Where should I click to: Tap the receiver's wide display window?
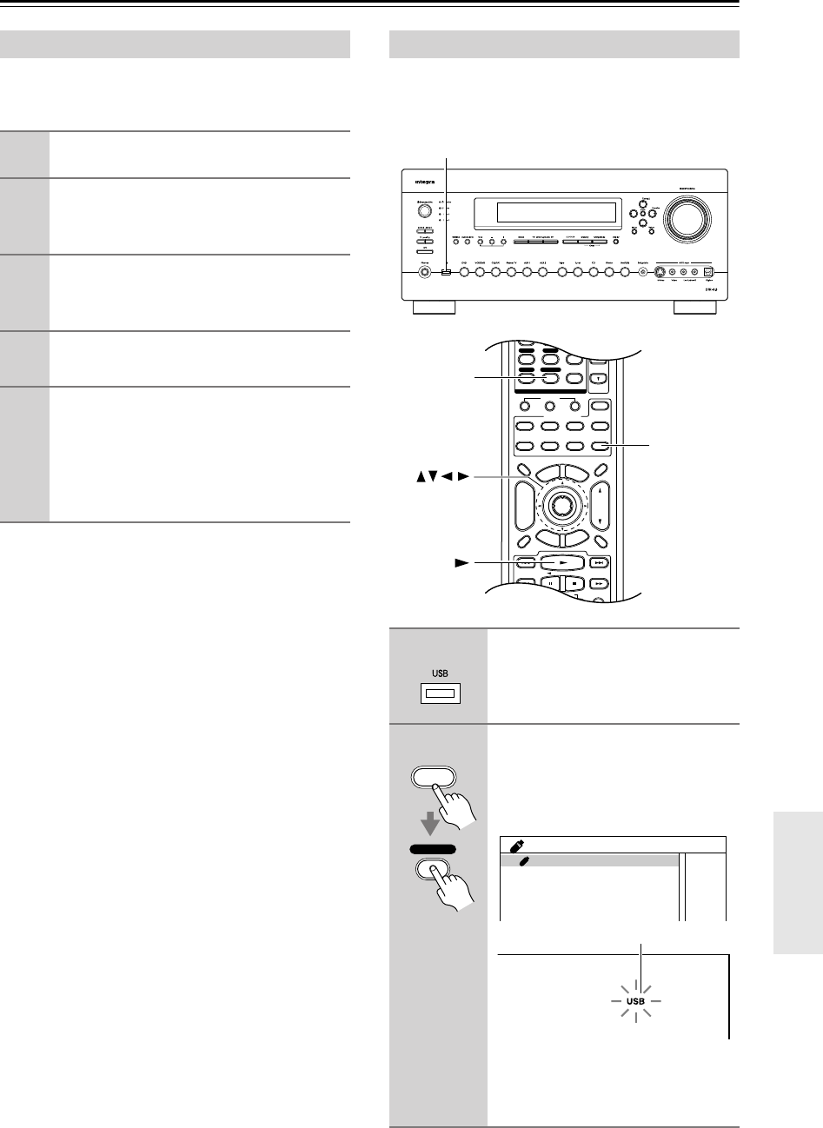click(545, 213)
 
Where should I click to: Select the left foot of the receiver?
click(433, 308)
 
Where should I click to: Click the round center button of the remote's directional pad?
click(561, 505)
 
